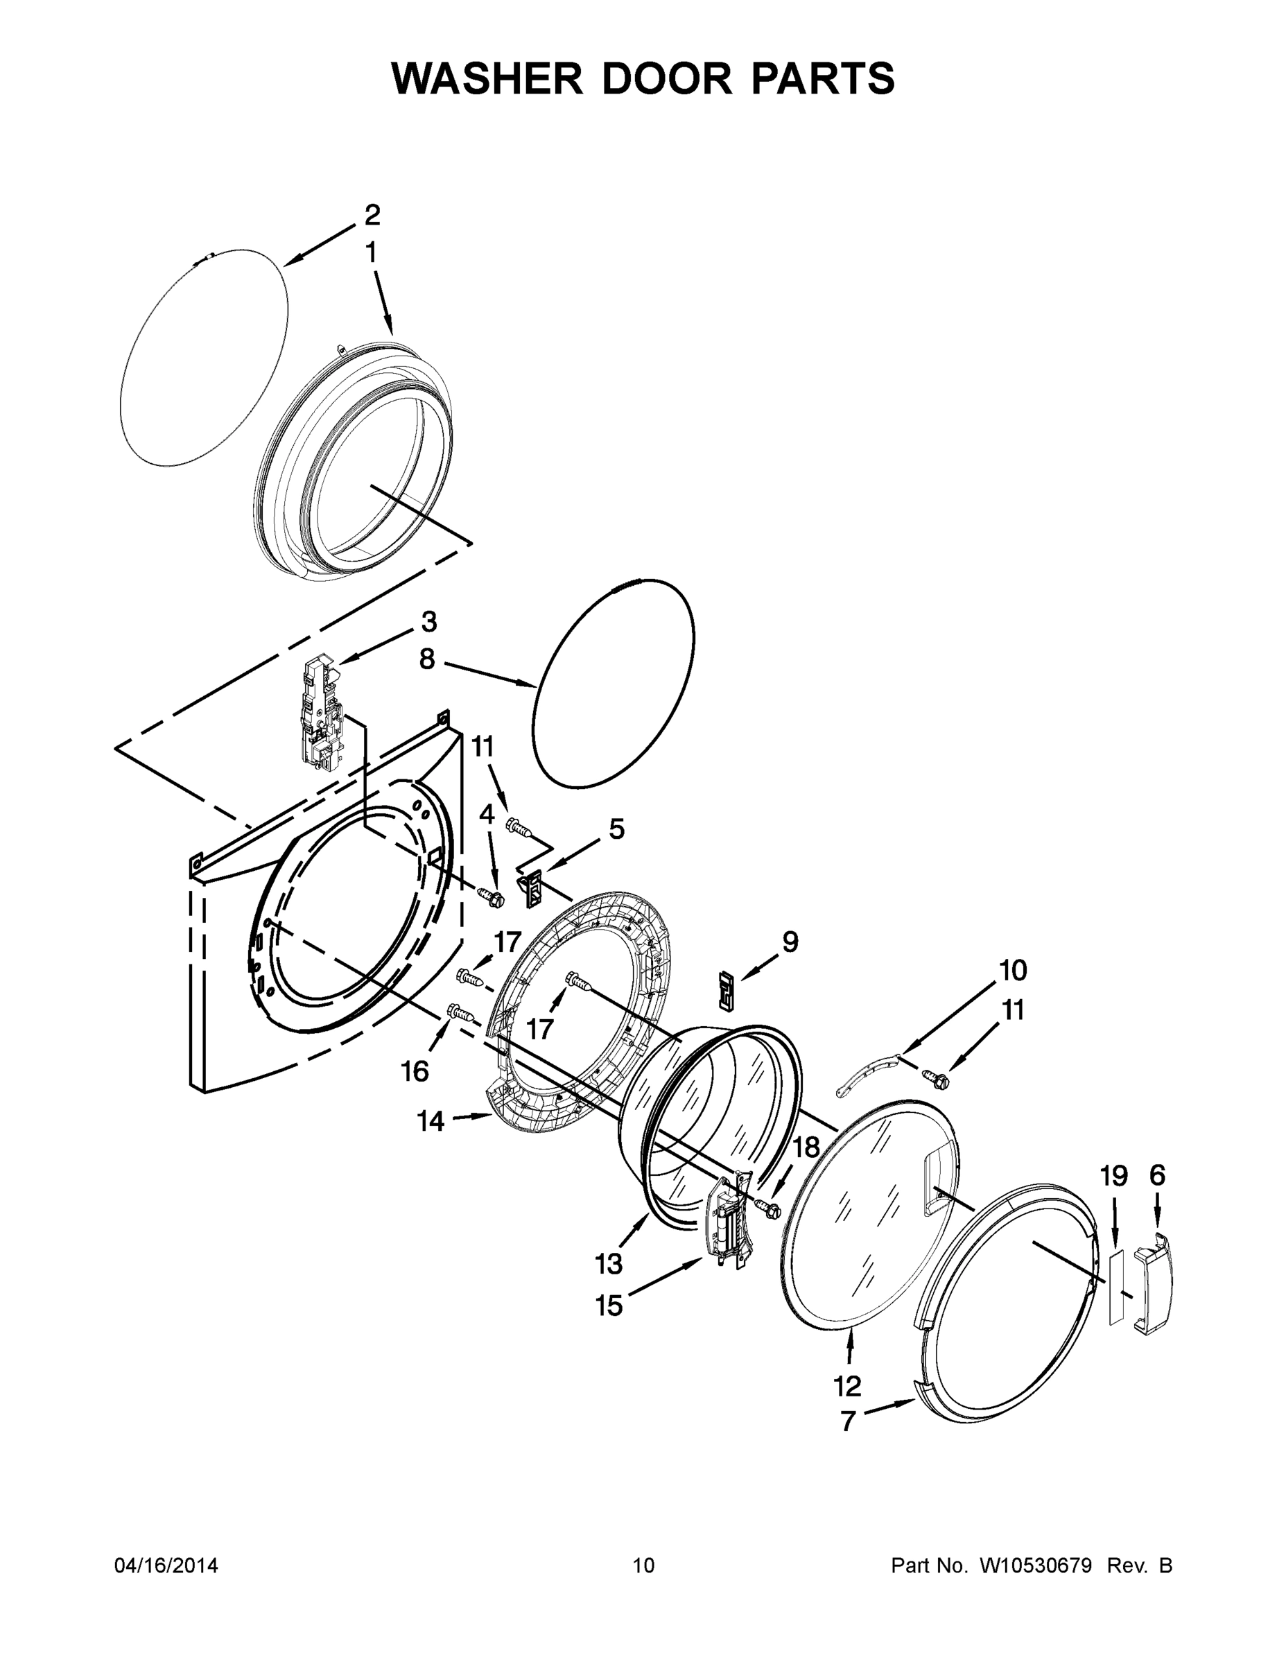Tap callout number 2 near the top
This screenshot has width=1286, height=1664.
coord(372,215)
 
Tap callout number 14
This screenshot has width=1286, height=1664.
coord(431,1122)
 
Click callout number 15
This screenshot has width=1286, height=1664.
coord(609,1306)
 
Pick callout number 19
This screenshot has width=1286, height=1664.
coord(1114,1177)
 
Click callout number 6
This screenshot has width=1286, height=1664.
coord(1157,1176)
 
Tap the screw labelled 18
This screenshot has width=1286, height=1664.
coord(767,1208)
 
